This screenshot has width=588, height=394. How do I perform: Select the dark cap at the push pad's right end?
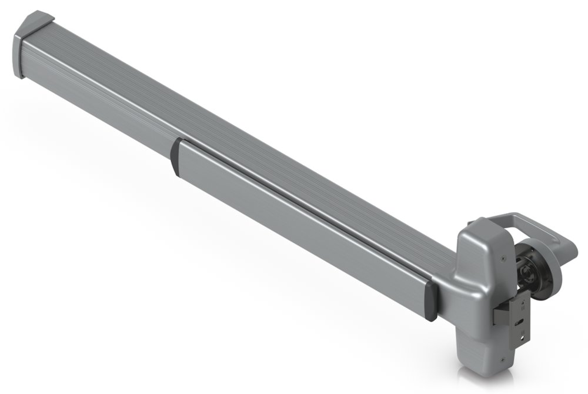click(x=431, y=302)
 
